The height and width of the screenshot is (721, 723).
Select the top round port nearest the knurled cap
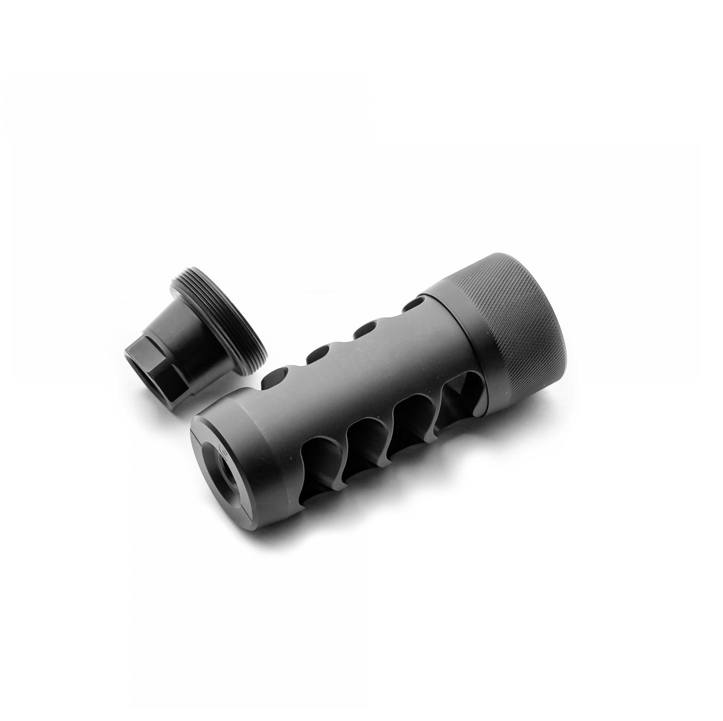coord(412,304)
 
